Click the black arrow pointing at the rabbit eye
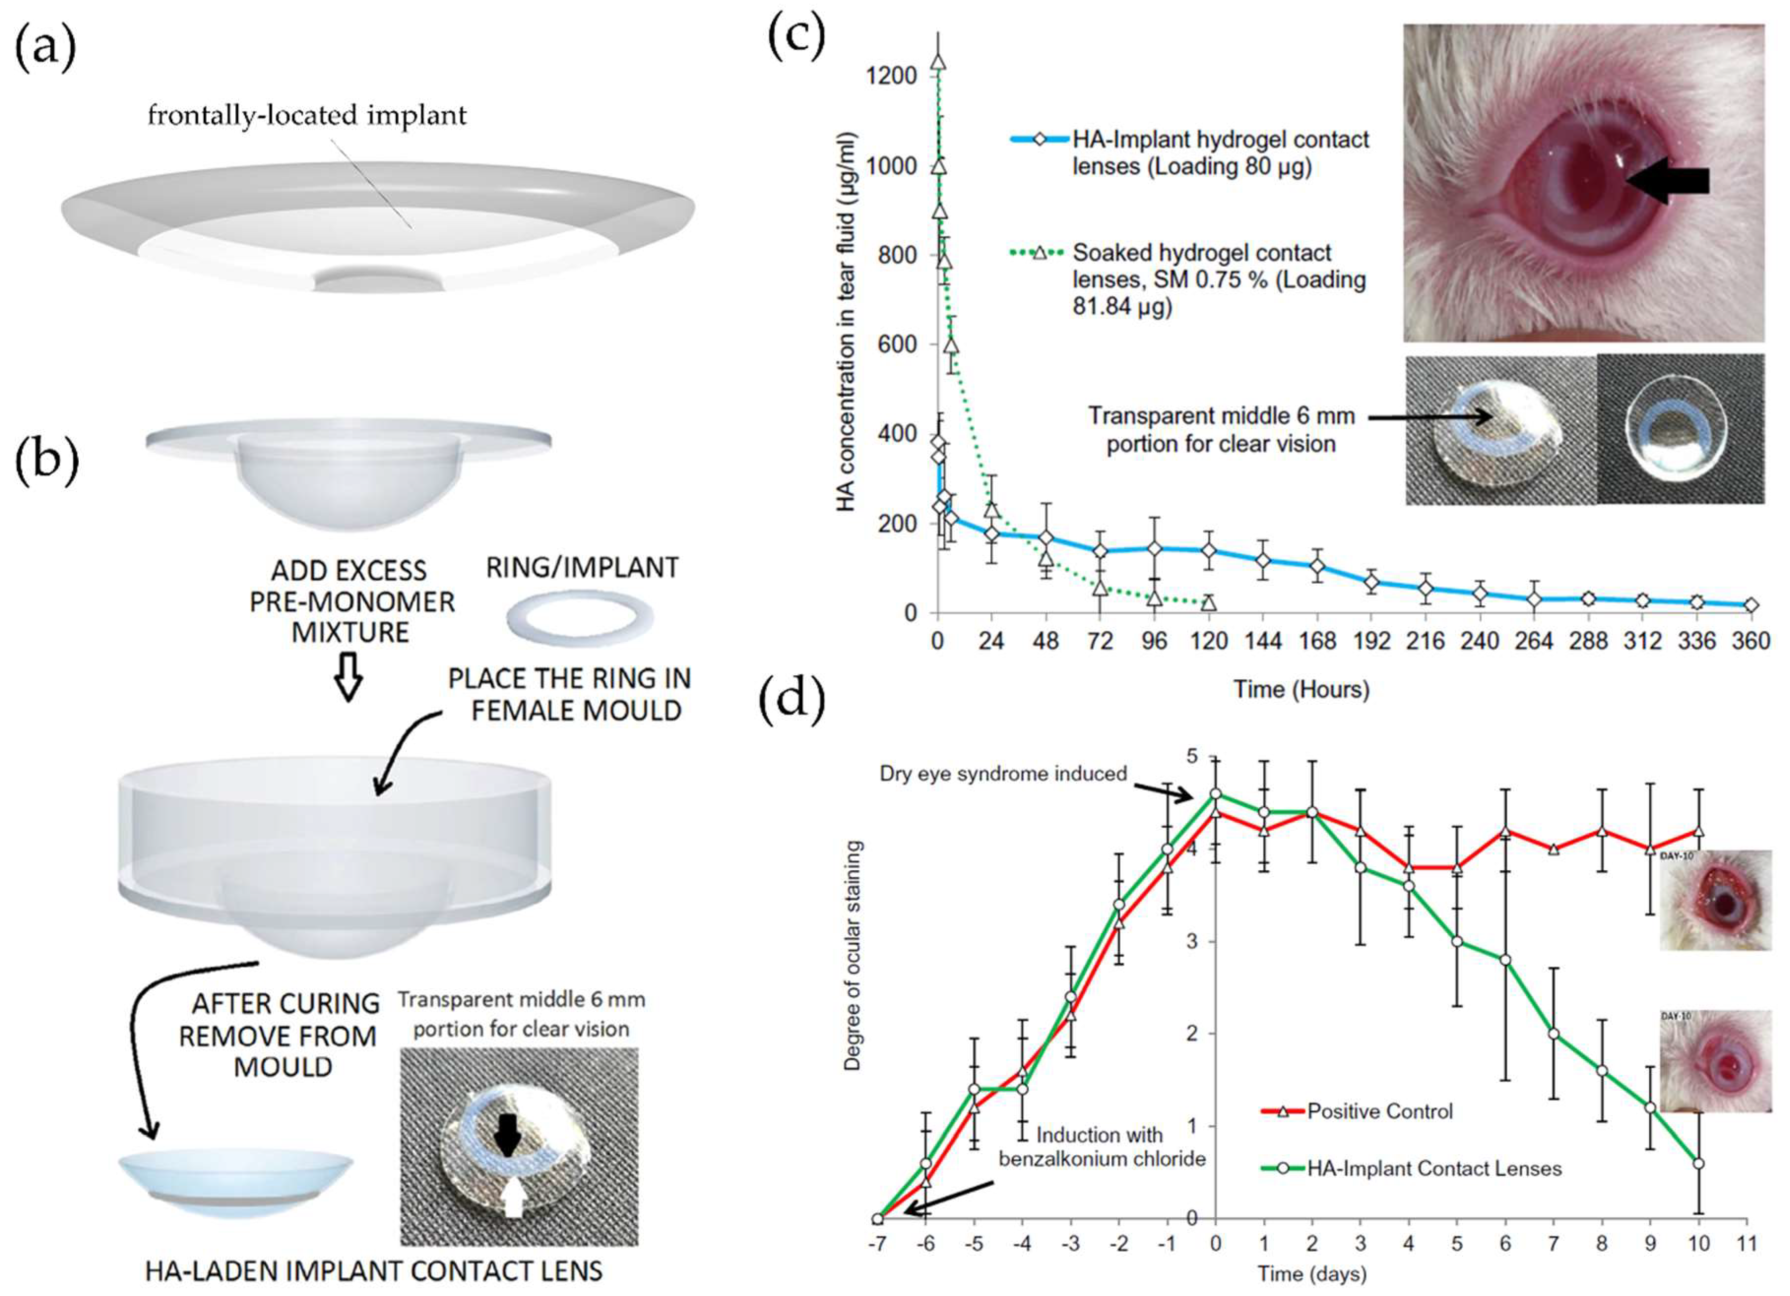[1667, 181]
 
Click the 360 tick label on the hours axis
[1751, 641]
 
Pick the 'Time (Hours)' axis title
[1301, 689]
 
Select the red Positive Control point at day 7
[1553, 849]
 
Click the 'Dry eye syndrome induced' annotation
[1003, 773]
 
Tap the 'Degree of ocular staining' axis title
[852, 955]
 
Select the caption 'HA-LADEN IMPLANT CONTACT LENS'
[374, 1271]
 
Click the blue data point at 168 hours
[1317, 566]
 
